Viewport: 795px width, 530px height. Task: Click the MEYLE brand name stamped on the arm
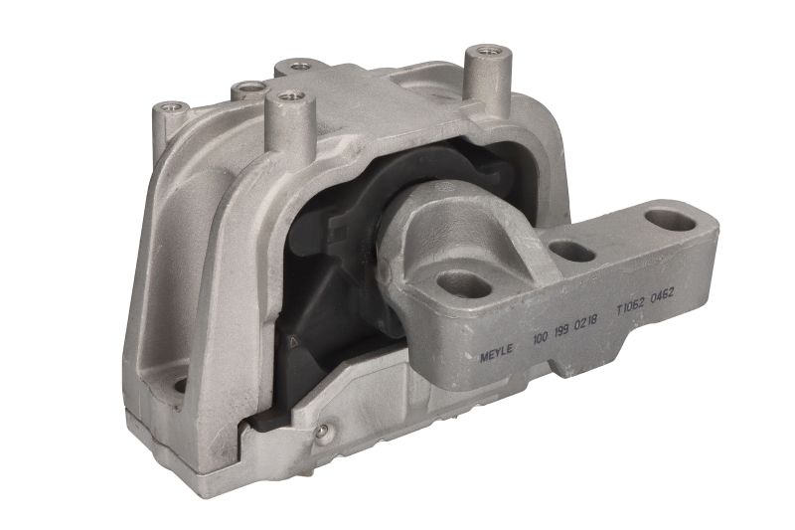(x=496, y=351)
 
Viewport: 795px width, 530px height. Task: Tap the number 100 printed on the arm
(x=541, y=337)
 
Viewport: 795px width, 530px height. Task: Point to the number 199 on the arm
(x=561, y=330)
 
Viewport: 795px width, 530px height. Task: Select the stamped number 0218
(x=586, y=322)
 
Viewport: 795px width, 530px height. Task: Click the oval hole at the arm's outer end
(x=670, y=221)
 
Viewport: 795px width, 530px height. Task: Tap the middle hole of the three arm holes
(x=572, y=252)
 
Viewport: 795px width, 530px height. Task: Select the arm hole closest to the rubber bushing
(x=463, y=284)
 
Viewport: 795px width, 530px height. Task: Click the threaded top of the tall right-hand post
(x=488, y=52)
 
